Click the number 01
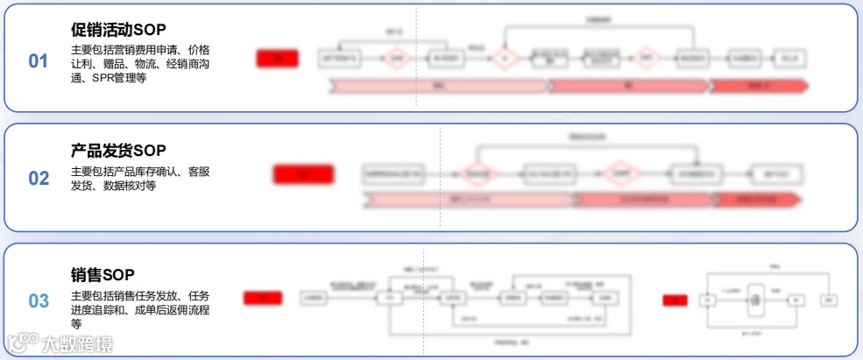pyautogui.click(x=39, y=61)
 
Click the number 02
pyautogui.click(x=39, y=179)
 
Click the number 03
pyautogui.click(x=39, y=301)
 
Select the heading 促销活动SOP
pyautogui.click(x=118, y=30)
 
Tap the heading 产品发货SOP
pyautogui.click(x=118, y=151)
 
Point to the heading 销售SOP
pyautogui.click(x=103, y=275)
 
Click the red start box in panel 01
pyautogui.click(x=277, y=60)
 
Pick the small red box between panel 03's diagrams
pyautogui.click(x=675, y=300)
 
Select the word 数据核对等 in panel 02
pyautogui.click(x=130, y=186)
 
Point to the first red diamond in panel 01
pyautogui.click(x=397, y=60)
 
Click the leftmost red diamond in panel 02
pyautogui.click(x=477, y=174)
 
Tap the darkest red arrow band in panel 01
pyautogui.click(x=758, y=86)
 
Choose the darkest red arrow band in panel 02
pyautogui.click(x=758, y=200)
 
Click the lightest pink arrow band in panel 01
pyautogui.click(x=438, y=86)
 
